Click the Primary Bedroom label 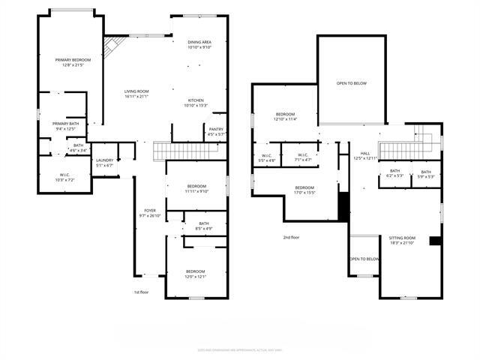point(73,62)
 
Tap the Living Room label point(136,94)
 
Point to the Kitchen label point(195,103)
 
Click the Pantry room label point(216,131)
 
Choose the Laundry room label point(105,163)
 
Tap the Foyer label point(150,213)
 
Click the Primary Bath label point(66,126)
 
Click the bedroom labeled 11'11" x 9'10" point(196,188)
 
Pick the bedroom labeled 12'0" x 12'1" point(195,274)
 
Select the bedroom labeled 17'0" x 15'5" point(304,190)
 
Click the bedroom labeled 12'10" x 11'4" point(286,116)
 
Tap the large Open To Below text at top point(351,83)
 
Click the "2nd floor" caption point(291,237)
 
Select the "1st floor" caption point(142,292)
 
